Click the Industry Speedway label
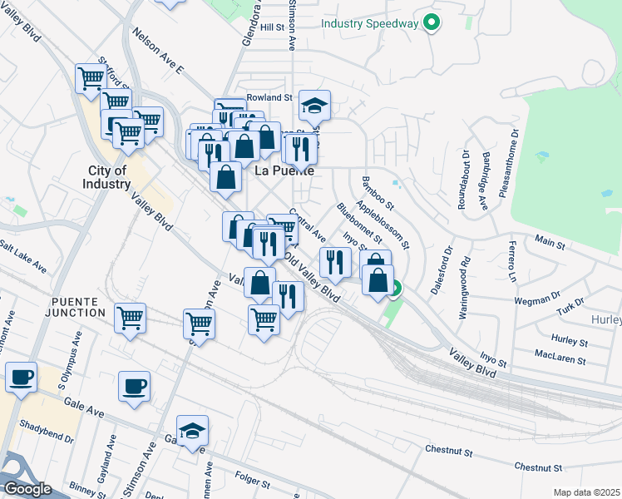(369, 22)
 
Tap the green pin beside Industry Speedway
(431, 22)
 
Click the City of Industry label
(106, 177)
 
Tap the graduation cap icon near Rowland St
(314, 106)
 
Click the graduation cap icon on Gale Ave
(192, 431)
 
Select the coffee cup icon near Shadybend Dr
(21, 377)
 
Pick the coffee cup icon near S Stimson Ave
(135, 386)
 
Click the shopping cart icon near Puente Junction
(131, 319)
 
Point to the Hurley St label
(570, 341)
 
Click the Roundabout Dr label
(464, 178)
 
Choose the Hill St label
(272, 27)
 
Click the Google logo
(27, 489)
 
